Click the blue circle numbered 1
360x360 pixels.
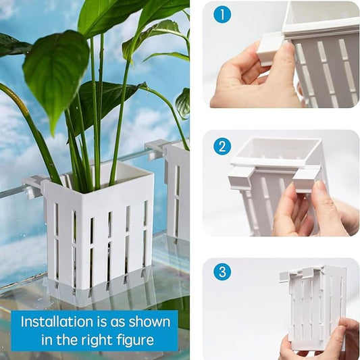coord(222,14)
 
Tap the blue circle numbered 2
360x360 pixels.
coord(222,147)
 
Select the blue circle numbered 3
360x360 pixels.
coord(222,272)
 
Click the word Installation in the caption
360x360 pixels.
coord(57,322)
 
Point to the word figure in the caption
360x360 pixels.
coord(135,340)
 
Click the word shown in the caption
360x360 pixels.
coord(149,322)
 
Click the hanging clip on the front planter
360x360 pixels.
coord(32,186)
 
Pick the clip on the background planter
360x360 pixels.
coord(155,148)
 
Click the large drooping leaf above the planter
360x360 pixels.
coord(56,76)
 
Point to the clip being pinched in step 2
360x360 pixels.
coord(306,181)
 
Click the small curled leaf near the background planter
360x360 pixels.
coord(183,103)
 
